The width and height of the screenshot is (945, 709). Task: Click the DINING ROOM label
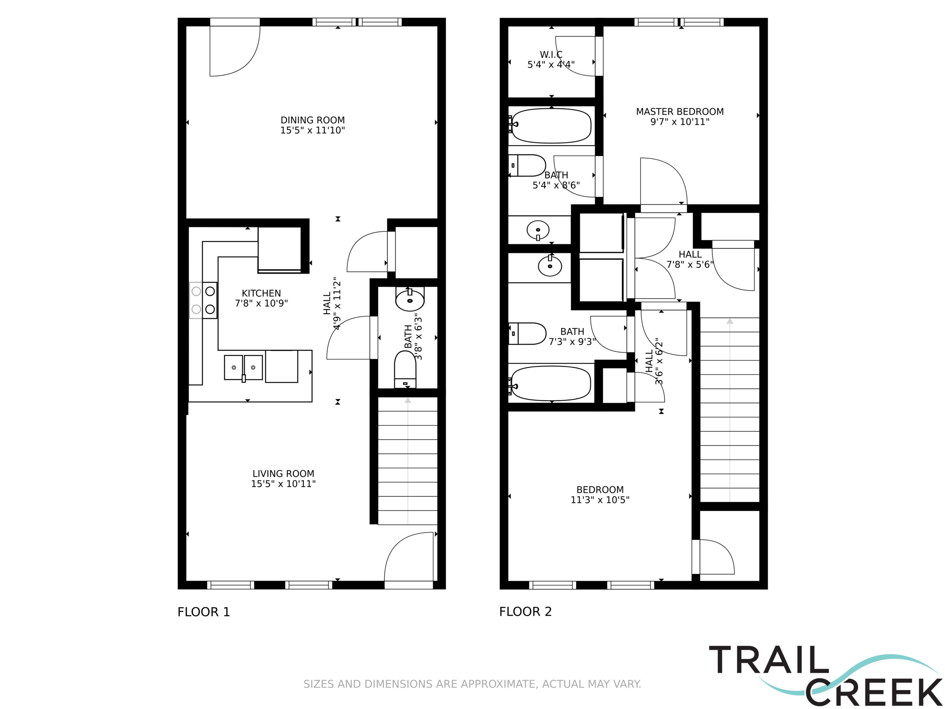click(x=312, y=120)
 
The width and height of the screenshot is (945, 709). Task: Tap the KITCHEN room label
click(x=261, y=293)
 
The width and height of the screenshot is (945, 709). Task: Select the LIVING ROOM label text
click(x=283, y=473)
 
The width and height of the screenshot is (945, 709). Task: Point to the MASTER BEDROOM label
click(x=680, y=112)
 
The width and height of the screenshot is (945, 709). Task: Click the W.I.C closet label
click(x=551, y=55)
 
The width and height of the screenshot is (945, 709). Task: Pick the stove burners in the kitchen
click(x=203, y=300)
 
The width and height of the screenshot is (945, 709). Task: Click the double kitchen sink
click(x=244, y=367)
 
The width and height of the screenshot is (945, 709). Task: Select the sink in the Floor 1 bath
click(x=410, y=299)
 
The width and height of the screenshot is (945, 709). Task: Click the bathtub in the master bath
click(x=551, y=126)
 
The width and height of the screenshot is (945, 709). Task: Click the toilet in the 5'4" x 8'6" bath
click(x=527, y=165)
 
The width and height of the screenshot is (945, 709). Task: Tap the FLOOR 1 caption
click(x=204, y=612)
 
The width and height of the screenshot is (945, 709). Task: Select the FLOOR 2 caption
click(x=526, y=612)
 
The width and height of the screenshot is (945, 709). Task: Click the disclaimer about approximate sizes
click(x=472, y=684)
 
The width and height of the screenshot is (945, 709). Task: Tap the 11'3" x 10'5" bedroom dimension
click(x=600, y=500)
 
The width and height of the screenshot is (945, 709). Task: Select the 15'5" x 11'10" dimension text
click(x=312, y=130)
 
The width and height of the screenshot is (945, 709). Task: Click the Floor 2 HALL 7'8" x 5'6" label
click(x=690, y=259)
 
